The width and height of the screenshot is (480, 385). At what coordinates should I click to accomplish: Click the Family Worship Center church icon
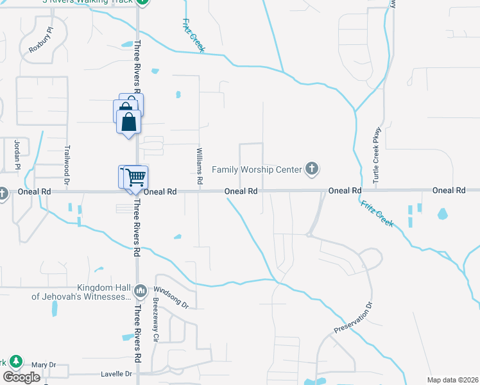[311, 169]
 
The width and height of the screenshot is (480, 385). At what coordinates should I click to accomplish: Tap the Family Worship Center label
[257, 170]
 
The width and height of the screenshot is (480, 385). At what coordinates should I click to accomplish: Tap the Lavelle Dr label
[116, 373]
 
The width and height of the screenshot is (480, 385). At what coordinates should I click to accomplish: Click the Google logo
[21, 377]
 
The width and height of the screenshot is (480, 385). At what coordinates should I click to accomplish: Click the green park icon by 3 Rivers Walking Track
[144, 2]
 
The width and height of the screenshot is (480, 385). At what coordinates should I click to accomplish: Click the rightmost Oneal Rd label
[449, 191]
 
